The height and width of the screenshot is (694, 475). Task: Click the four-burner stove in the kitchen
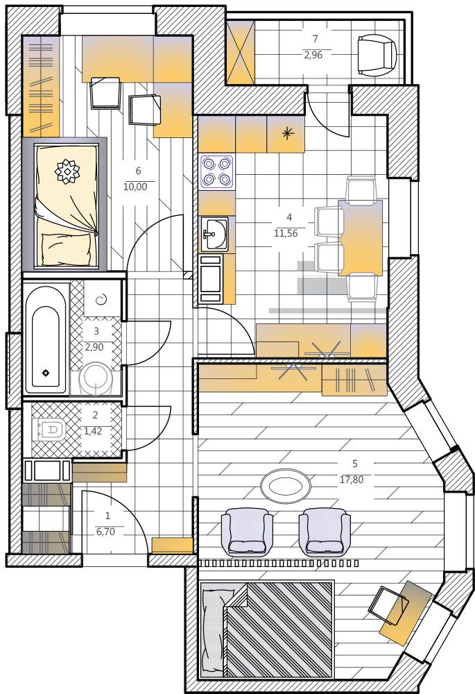(x=217, y=172)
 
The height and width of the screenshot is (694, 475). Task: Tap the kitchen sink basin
(x=214, y=234)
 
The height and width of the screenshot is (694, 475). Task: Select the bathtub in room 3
(x=45, y=339)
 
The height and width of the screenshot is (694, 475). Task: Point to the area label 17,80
(x=352, y=480)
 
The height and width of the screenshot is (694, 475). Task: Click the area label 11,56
(x=286, y=233)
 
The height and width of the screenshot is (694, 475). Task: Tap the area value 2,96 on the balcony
(x=313, y=55)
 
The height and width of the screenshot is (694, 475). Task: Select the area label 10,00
(x=135, y=187)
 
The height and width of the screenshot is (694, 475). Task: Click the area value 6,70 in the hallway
(x=105, y=532)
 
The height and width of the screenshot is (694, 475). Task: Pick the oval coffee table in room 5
(x=286, y=486)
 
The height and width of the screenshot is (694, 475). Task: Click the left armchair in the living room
(x=246, y=532)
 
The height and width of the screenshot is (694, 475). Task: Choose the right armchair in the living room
(x=325, y=532)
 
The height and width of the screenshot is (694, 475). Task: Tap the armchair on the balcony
(x=377, y=56)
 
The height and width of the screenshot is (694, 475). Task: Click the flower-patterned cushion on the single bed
(x=67, y=171)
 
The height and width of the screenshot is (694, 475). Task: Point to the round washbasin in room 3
(x=96, y=379)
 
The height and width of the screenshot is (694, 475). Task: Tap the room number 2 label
(x=96, y=415)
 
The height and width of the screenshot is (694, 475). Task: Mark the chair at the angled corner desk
(x=390, y=604)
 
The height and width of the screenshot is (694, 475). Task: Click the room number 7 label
(x=315, y=39)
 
